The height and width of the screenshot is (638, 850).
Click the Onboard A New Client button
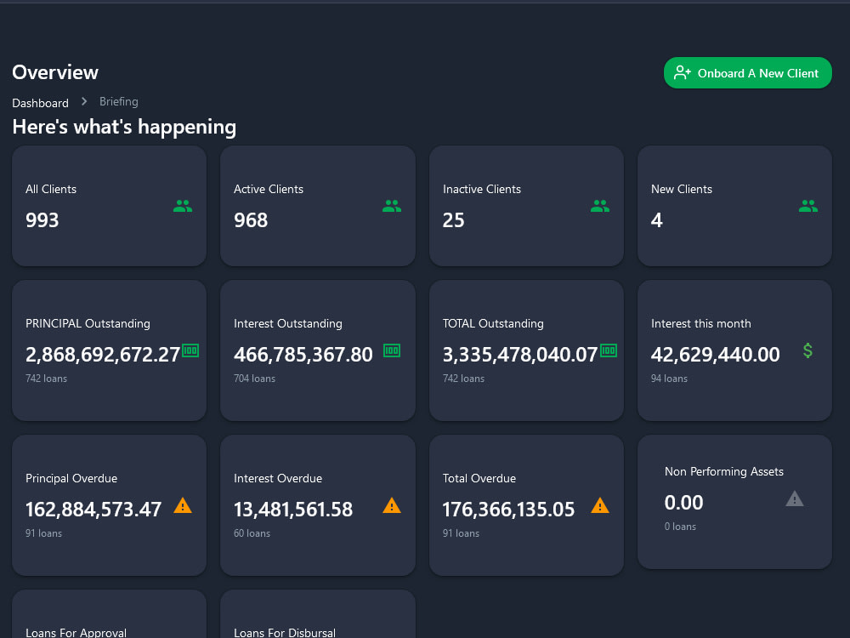pos(747,73)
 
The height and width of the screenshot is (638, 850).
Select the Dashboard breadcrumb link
pos(40,103)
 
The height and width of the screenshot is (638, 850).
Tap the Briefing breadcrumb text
pos(118,101)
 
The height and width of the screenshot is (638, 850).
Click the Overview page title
pos(55,72)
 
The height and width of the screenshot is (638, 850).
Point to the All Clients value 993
pos(42,220)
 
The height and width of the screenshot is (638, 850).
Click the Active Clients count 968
pos(251,220)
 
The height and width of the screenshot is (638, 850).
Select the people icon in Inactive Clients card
pos(600,206)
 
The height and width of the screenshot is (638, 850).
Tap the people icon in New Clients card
pos(808,206)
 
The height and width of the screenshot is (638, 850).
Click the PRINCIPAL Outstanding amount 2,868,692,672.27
pos(103,355)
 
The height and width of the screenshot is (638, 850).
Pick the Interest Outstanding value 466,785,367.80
pos(303,355)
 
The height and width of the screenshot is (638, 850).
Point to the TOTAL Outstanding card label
pos(493,323)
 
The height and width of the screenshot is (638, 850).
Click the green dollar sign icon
pos(807,350)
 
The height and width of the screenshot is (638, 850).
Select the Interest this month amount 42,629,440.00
pos(716,355)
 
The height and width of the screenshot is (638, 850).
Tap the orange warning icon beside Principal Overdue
pos(183,505)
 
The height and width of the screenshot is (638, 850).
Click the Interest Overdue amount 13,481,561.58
pos(293,510)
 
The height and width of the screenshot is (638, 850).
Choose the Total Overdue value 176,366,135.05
pos(508,510)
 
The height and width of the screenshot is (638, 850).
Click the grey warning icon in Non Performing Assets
pos(795,498)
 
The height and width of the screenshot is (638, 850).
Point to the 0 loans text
pos(680,527)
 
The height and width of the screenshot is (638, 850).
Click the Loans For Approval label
pos(76,633)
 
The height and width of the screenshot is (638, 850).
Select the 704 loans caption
pos(254,379)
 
